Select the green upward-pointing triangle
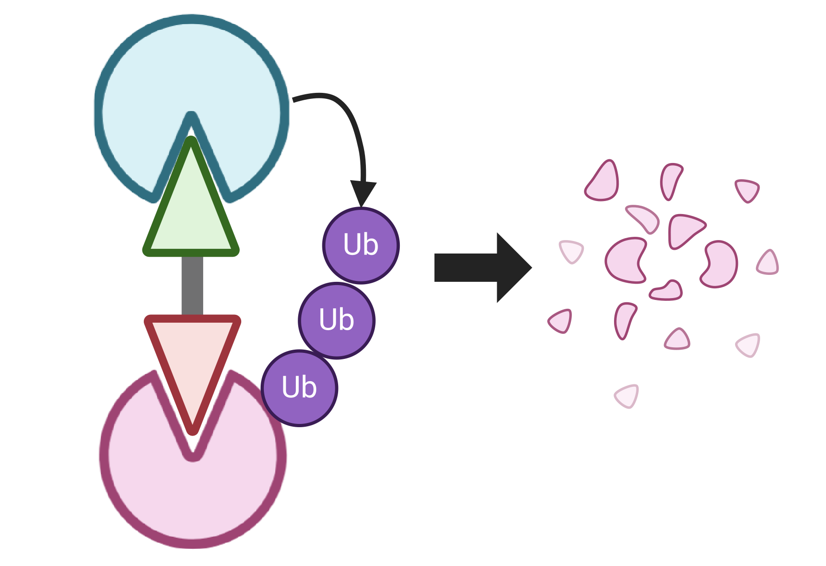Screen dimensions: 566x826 pos(191,214)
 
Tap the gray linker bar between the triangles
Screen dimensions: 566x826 pos(192,286)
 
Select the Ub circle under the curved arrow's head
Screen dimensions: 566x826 pos(361,245)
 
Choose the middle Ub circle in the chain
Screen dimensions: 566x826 pos(337,320)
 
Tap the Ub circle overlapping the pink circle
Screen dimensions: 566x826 pos(300,388)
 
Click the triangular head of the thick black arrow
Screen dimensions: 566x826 pos(512,267)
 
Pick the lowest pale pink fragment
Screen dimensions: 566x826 pos(627,396)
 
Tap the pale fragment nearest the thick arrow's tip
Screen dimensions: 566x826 pos(571,251)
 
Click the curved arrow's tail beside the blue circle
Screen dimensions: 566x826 pos(297,98)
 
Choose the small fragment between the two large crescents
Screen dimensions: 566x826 pos(666,292)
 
